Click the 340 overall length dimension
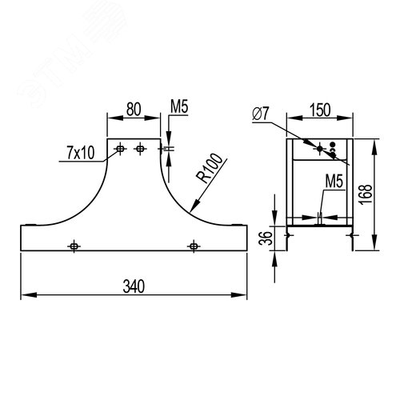134,286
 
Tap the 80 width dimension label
134,109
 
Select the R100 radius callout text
209,168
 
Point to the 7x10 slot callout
81,153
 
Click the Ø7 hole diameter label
261,114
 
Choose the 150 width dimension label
320,110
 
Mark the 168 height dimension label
366,194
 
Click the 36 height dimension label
266,238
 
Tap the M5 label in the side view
334,182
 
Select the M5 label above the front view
179,106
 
